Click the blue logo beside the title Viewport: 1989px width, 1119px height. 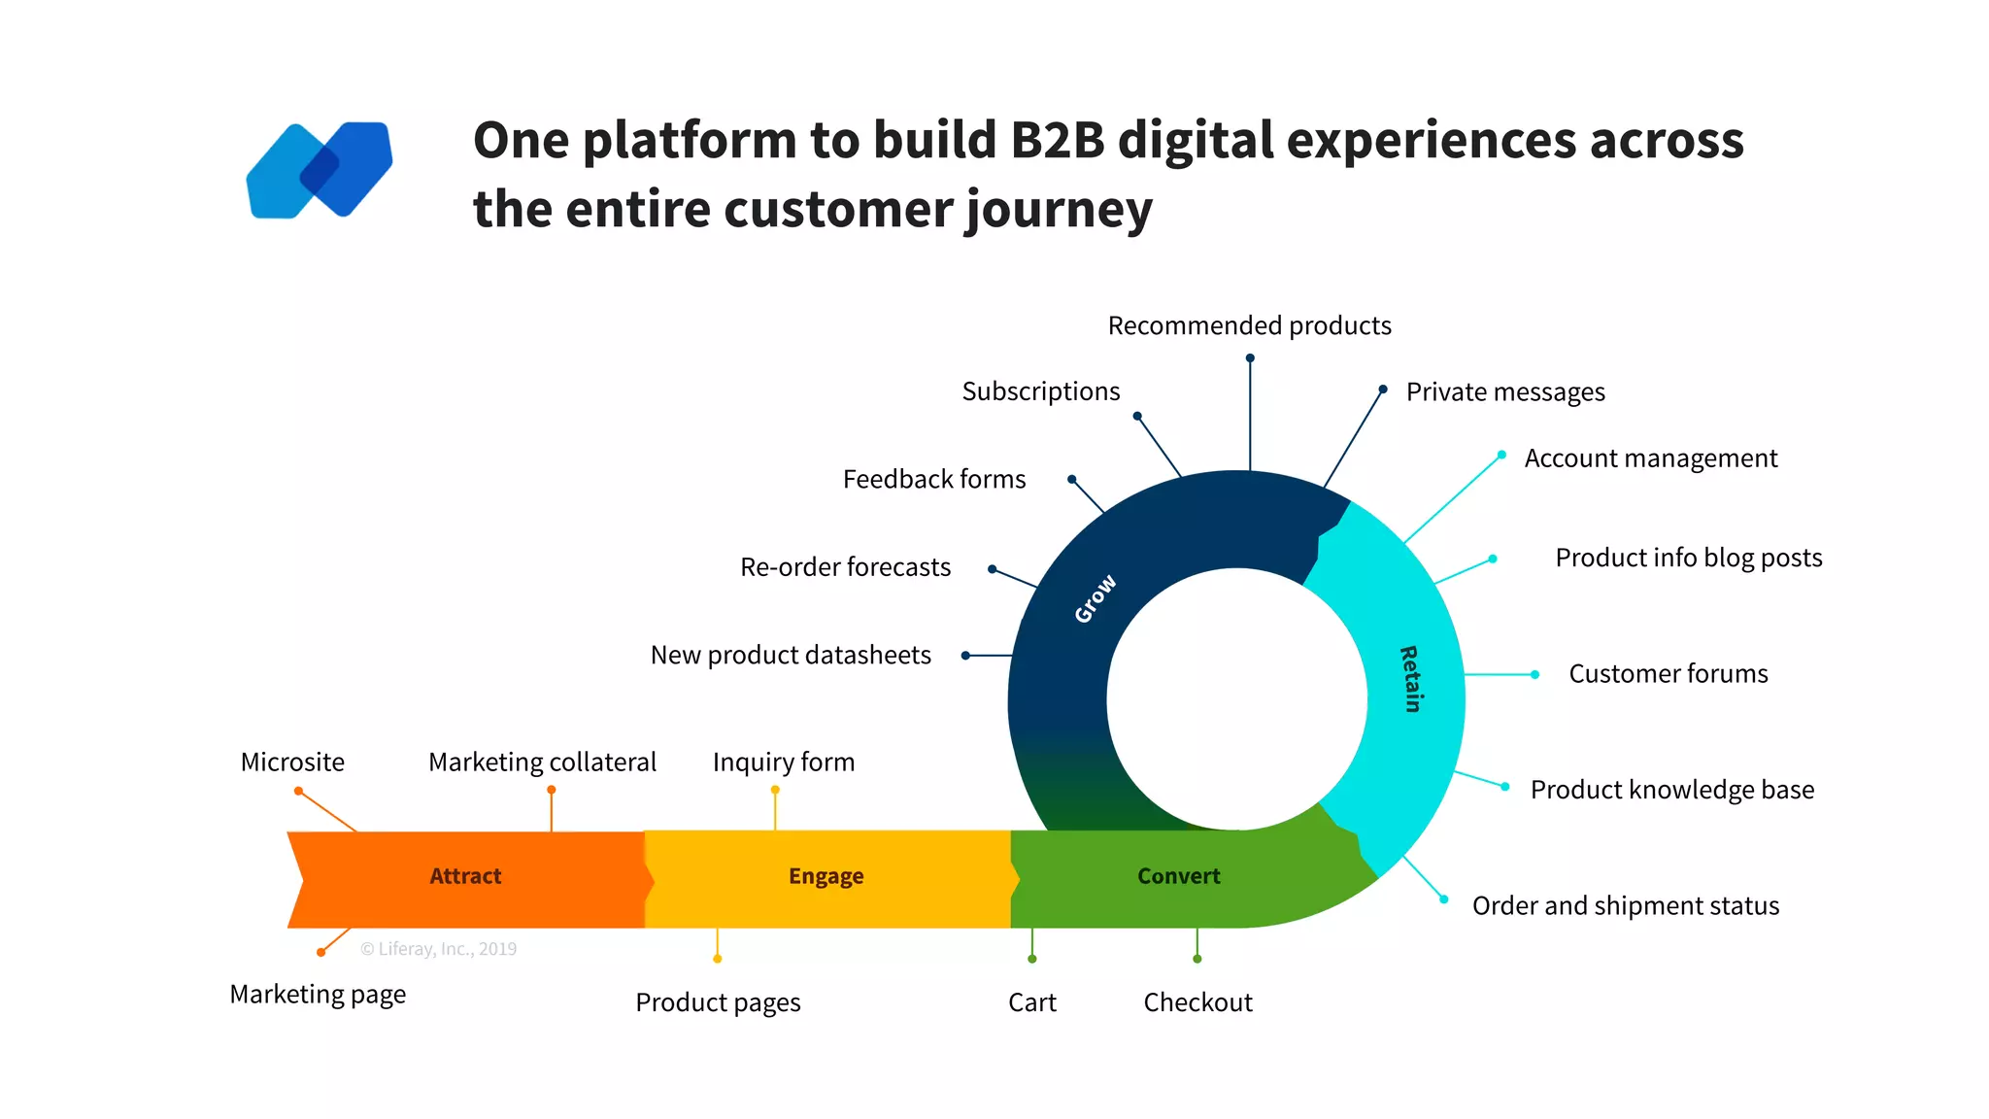(320, 170)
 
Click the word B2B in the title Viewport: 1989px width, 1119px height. (1058, 140)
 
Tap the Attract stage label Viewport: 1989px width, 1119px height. (465, 876)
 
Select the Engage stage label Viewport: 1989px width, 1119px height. (826, 876)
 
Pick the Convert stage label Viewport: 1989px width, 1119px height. (1178, 876)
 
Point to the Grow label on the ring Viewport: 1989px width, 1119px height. (1096, 598)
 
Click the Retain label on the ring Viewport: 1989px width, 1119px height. (1410, 679)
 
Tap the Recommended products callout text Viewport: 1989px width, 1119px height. (1249, 325)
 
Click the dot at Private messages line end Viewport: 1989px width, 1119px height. (1383, 390)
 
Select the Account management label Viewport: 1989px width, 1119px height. (1650, 458)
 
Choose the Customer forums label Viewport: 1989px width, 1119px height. (1668, 674)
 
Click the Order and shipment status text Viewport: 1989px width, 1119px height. (1625, 906)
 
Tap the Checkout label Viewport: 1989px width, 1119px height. (1197, 1002)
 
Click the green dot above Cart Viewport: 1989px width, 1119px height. (1032, 959)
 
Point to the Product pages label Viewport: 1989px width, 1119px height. (718, 1002)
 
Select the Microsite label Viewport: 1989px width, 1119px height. (292, 763)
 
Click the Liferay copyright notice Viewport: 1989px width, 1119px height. (438, 949)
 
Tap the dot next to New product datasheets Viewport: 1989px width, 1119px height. (965, 656)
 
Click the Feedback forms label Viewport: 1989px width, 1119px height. (933, 480)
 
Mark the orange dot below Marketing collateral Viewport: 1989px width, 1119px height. (552, 790)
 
